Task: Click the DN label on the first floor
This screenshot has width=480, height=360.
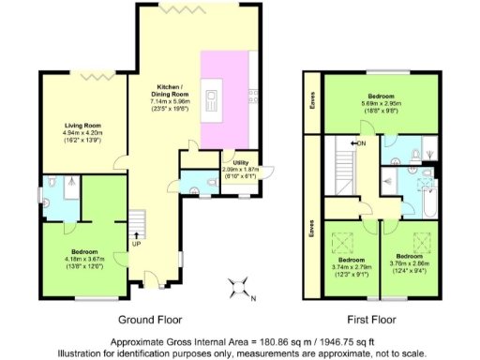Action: [x=359, y=143]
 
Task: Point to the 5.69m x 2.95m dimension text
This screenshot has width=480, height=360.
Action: [x=386, y=104]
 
